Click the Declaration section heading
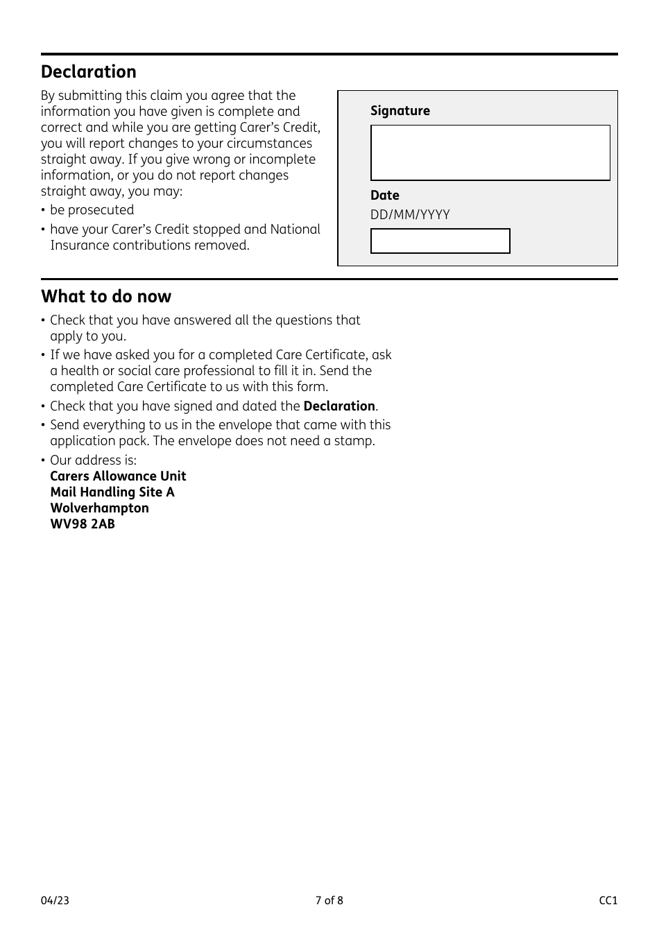(88, 72)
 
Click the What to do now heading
(105, 297)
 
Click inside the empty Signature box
(490, 153)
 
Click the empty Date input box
(440, 241)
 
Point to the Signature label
(400, 111)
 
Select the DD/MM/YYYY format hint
(410, 215)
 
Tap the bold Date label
(384, 196)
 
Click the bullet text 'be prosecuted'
(92, 210)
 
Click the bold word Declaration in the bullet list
(339, 406)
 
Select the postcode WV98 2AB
(83, 524)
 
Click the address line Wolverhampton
(99, 508)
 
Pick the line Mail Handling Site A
(112, 492)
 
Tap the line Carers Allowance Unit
(118, 476)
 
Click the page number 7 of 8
(329, 901)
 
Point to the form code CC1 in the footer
(608, 901)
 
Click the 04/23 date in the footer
(55, 901)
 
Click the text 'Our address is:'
(93, 460)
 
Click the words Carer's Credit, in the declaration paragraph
(284, 128)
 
